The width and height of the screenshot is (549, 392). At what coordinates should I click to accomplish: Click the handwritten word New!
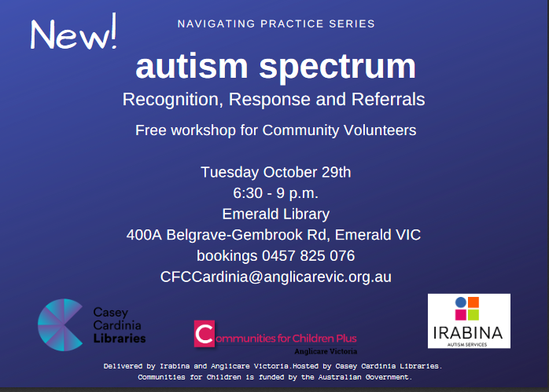73,32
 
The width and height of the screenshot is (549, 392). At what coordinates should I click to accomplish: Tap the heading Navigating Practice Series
276,24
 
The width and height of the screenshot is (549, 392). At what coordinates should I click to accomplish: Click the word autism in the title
192,67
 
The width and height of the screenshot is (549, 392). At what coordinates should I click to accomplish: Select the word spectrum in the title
337,68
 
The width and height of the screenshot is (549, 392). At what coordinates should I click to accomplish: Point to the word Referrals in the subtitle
388,99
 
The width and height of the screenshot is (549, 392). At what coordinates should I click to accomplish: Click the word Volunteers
380,130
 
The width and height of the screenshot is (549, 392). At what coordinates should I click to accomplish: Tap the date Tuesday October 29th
276,172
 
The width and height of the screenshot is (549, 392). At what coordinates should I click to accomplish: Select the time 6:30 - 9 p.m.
276,193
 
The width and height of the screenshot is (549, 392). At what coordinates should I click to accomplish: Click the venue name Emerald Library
276,214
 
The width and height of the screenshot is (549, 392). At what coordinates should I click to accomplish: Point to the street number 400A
144,235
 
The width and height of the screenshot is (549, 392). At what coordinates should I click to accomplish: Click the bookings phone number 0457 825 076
308,255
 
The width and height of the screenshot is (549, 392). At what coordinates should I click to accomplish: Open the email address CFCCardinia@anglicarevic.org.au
276,277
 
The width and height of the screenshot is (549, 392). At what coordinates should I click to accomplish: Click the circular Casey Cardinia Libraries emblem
61,325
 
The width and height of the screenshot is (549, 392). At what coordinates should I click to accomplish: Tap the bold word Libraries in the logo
120,338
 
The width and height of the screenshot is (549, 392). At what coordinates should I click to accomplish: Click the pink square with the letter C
204,334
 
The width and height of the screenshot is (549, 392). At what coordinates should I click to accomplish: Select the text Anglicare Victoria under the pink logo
326,351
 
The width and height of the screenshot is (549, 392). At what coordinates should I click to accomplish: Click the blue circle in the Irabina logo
461,302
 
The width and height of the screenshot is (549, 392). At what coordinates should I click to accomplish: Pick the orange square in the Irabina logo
473,302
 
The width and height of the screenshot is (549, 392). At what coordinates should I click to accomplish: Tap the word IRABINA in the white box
468,333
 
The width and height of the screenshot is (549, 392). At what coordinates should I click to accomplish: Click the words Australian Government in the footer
364,377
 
